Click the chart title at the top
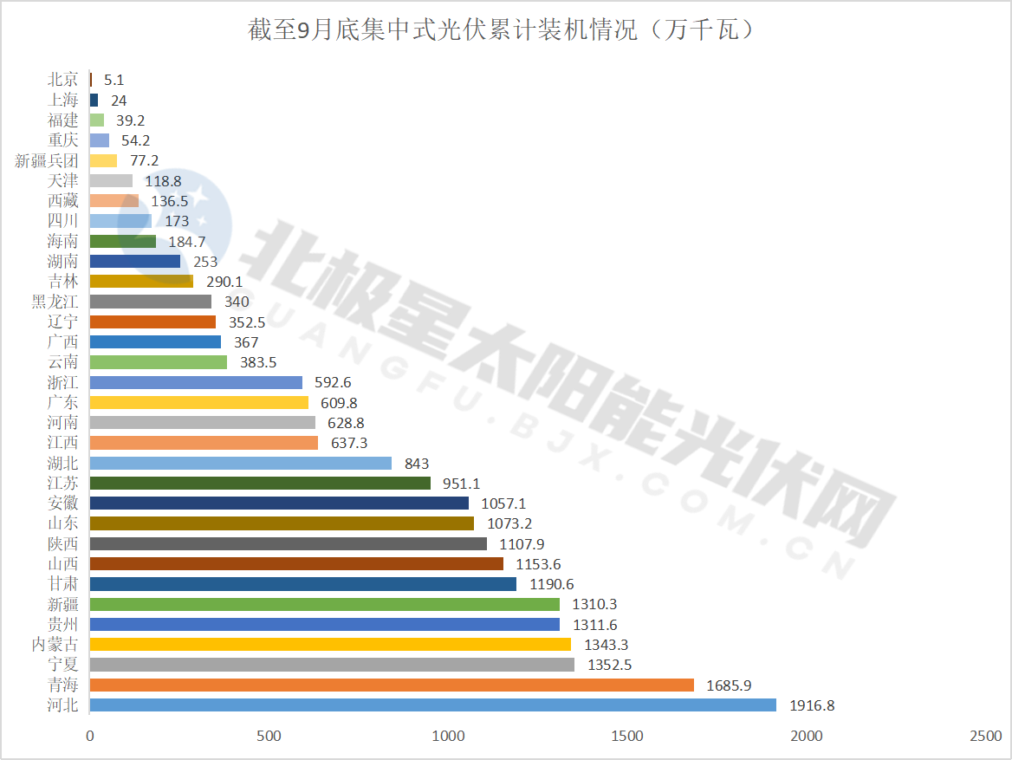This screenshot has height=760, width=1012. (506, 31)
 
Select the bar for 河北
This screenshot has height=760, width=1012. (432, 705)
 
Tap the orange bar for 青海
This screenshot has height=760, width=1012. (392, 685)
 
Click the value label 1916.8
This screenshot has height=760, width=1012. (812, 705)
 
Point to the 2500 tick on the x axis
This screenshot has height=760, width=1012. (985, 736)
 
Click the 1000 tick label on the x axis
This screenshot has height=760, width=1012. (448, 736)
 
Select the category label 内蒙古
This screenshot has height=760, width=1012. (55, 645)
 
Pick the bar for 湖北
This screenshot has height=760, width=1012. (240, 464)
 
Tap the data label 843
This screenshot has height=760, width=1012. (417, 464)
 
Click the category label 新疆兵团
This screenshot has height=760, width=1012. (47, 160)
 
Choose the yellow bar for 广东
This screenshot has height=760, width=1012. (198, 403)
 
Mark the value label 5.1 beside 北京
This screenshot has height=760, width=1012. (114, 80)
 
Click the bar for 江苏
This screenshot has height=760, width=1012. (260, 484)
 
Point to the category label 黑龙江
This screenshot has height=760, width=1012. (55, 302)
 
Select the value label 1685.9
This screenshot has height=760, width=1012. (729, 685)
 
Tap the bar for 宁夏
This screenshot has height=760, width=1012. (332, 665)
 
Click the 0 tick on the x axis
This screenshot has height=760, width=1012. (90, 736)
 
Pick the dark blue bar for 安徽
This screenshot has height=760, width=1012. (279, 503)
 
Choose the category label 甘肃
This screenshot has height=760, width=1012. (63, 584)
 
